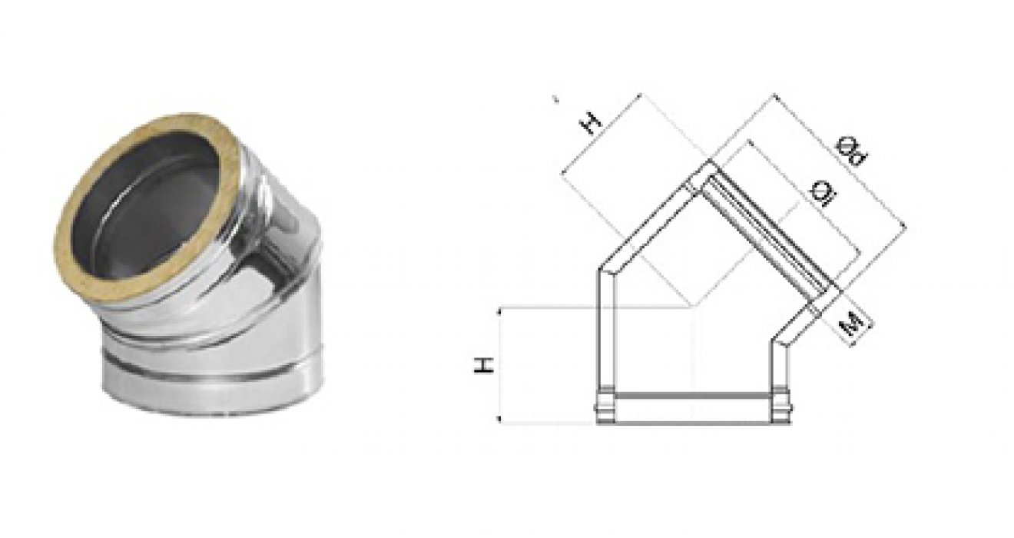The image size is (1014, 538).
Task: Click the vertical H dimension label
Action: pyautogui.click(x=483, y=365)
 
